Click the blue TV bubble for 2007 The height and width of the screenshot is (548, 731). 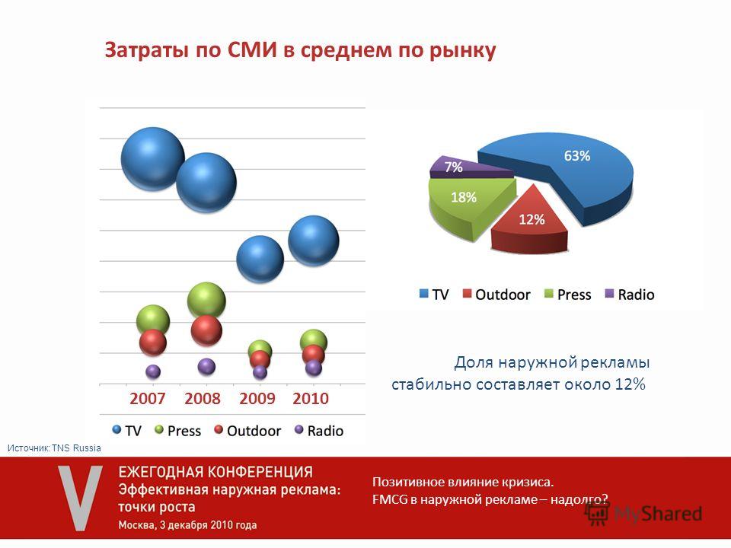(152, 158)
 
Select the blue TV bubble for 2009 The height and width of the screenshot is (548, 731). (260, 259)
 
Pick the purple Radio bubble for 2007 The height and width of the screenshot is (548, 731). (153, 371)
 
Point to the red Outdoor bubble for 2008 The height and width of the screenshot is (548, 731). (206, 330)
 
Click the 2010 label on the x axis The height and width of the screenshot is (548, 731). (311, 399)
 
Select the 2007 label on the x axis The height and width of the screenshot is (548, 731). (147, 399)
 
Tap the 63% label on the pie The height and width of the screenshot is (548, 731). (576, 155)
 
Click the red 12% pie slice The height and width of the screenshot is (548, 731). (530, 221)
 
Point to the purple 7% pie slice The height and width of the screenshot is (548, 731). (466, 167)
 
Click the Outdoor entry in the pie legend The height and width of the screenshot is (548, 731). (496, 295)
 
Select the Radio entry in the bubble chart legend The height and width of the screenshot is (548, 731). (319, 431)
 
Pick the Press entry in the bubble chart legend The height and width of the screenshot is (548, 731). (177, 431)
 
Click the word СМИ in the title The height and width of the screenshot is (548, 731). (252, 50)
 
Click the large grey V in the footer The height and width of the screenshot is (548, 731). (81, 497)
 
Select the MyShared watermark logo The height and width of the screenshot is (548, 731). (643, 514)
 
